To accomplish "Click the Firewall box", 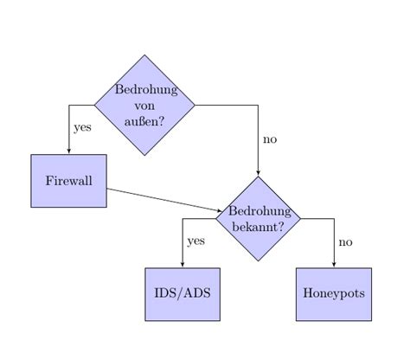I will pyautogui.click(x=68, y=181).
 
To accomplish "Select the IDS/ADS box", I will pyautogui.click(x=182, y=293).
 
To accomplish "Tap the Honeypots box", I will pyautogui.click(x=334, y=293).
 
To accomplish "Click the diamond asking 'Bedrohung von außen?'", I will pyautogui.click(x=144, y=105).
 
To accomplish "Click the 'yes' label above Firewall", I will pyautogui.click(x=82, y=127).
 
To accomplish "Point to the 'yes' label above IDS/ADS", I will pyautogui.click(x=195, y=241).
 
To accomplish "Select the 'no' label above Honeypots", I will pyautogui.click(x=346, y=241).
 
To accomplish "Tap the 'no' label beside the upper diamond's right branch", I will pyautogui.click(x=270, y=138).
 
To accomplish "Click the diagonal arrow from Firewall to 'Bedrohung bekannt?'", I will pyautogui.click(x=164, y=199).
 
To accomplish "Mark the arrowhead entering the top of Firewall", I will pyautogui.click(x=69, y=151).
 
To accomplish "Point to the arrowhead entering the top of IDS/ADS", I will pyautogui.click(x=183, y=265).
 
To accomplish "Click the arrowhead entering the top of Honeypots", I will pyautogui.click(x=334, y=265).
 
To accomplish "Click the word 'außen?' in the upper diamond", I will pyautogui.click(x=144, y=121).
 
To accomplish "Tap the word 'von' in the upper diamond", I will pyautogui.click(x=144, y=106).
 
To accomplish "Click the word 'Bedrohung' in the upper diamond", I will pyautogui.click(x=145, y=89).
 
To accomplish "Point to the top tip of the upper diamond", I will pyautogui.click(x=144, y=55).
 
